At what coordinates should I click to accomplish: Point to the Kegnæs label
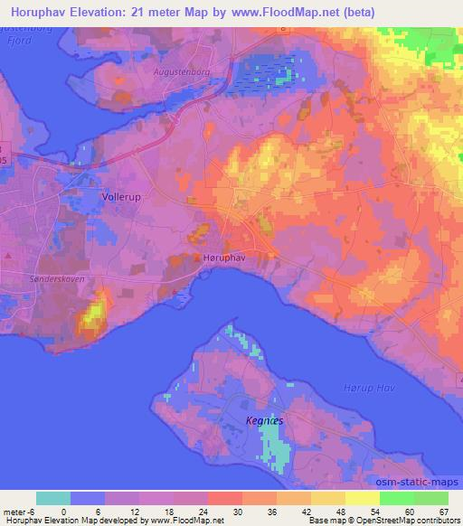pos(264,420)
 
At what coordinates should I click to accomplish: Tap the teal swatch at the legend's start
pos(52,498)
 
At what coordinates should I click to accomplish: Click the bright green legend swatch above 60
pos(397,498)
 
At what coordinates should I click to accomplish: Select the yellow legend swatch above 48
pos(328,498)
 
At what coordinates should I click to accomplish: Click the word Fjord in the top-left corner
pos(15,41)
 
